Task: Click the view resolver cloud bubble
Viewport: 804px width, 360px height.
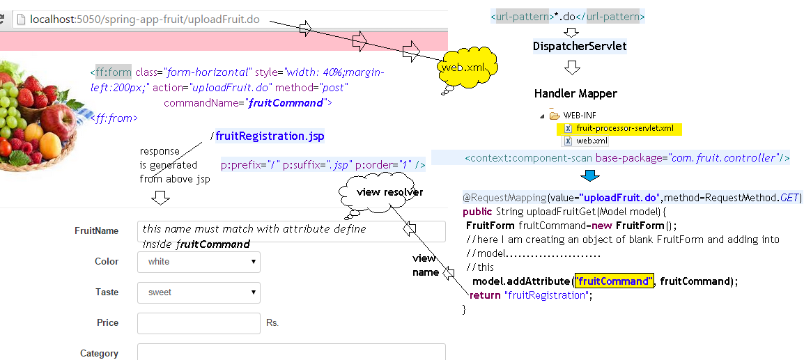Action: [x=379, y=193]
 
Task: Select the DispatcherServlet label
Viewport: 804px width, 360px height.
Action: [x=580, y=47]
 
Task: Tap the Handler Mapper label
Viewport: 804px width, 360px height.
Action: [x=575, y=93]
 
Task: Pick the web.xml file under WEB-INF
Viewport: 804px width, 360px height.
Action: [x=592, y=141]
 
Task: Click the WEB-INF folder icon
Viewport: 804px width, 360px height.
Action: [x=555, y=116]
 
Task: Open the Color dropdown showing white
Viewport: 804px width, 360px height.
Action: [x=199, y=262]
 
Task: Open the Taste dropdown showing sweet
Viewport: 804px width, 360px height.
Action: [x=199, y=292]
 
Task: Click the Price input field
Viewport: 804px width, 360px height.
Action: [x=199, y=323]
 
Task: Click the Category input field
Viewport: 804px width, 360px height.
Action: [x=291, y=352]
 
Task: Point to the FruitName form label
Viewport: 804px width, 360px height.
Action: [x=97, y=230]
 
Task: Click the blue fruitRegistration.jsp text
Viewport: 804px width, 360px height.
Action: [x=270, y=136]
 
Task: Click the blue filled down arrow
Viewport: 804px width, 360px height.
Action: [x=590, y=175]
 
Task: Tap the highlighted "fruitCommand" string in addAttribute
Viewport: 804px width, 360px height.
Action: [x=613, y=281]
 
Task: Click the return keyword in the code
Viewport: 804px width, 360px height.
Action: [x=485, y=295]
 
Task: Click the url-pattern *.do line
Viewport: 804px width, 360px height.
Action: [x=568, y=16]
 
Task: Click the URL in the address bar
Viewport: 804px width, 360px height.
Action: [x=145, y=19]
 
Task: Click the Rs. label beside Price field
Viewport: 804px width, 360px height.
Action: [x=272, y=324]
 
